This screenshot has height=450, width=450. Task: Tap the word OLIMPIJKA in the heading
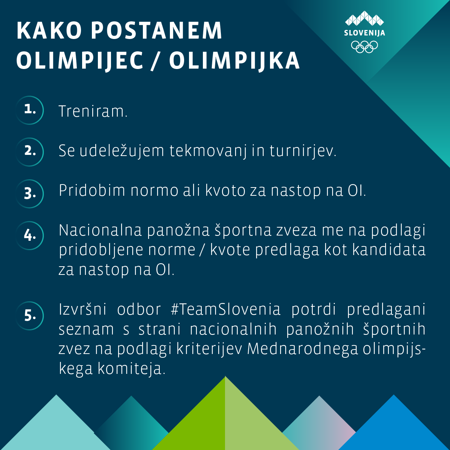pos(234,60)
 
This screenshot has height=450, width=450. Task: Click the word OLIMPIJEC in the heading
pos(80,60)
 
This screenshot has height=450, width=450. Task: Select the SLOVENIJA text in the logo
pos(364,33)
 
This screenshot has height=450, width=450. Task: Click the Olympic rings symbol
pos(364,46)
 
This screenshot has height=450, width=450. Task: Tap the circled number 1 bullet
pos(30,110)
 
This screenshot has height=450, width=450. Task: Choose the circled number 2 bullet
pos(30,151)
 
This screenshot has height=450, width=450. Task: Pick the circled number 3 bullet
pos(30,193)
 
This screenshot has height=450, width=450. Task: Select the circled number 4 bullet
pos(30,235)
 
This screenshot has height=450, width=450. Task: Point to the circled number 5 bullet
pos(30,316)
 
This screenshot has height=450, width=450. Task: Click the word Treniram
pos(93,111)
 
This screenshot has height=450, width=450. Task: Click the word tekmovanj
pos(208,151)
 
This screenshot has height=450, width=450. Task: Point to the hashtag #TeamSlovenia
pos(225,310)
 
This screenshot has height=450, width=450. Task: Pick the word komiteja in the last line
pos(131,369)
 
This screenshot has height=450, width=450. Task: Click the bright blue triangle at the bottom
pos(394,427)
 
